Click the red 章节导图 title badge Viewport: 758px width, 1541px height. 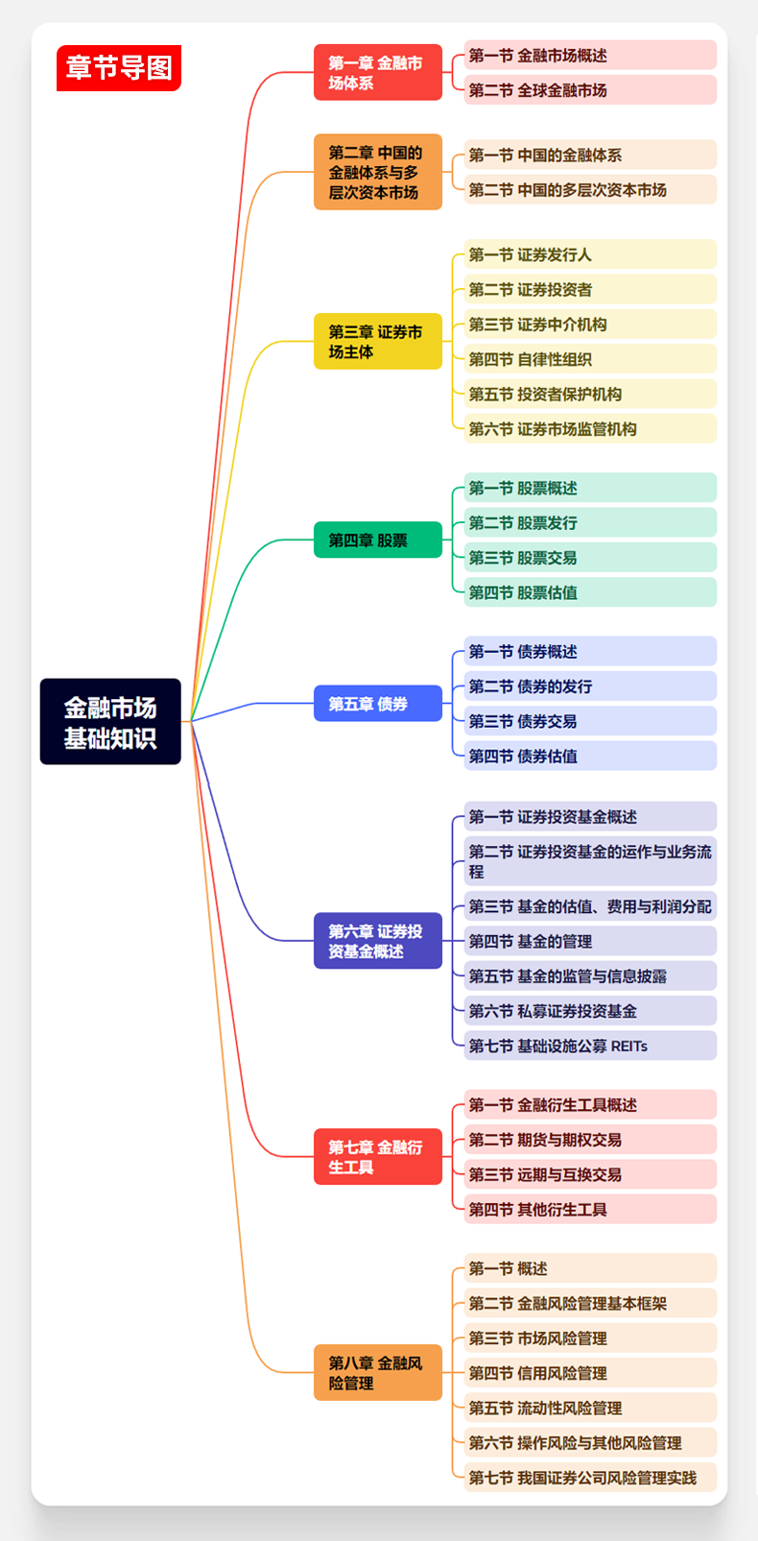[x=119, y=68]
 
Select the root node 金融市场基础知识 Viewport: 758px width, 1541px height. [x=110, y=722]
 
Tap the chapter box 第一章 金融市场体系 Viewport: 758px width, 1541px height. [x=377, y=73]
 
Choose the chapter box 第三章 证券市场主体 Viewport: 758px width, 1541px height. [x=377, y=342]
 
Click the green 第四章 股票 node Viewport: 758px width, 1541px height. [x=377, y=541]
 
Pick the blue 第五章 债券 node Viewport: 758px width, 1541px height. [x=377, y=704]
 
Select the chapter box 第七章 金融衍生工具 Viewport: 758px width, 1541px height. [x=377, y=1157]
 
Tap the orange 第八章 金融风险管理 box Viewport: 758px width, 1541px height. [x=377, y=1373]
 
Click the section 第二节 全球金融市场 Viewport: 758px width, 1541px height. [x=589, y=90]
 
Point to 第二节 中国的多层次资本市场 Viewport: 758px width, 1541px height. [x=589, y=190]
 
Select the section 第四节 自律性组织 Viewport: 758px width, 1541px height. [x=589, y=359]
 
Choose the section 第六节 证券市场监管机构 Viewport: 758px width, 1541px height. [x=589, y=429]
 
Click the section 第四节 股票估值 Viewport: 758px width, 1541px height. [x=589, y=592]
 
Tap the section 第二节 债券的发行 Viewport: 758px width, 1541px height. [x=589, y=686]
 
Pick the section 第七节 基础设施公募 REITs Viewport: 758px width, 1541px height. [x=589, y=1046]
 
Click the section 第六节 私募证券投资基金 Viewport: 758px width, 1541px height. [x=589, y=1011]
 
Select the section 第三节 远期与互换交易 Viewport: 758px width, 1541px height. [x=589, y=1174]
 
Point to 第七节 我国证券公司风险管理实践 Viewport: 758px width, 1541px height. [x=589, y=1478]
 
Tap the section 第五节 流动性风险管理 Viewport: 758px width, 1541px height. [x=589, y=1408]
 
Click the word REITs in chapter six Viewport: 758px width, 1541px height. [x=629, y=1046]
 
